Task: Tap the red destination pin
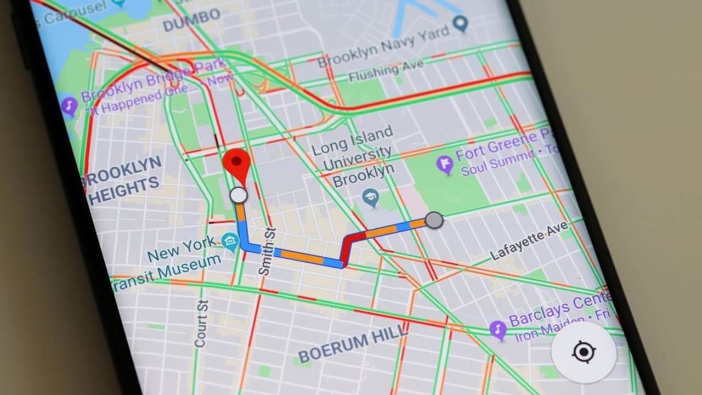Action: pos(237,162)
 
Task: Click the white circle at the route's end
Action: pos(238,195)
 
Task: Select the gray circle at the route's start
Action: pos(434,221)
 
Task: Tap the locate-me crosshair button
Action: pos(584,352)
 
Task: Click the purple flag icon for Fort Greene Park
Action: pos(444,163)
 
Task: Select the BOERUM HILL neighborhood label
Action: pos(352,343)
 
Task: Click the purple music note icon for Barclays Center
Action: pos(498,330)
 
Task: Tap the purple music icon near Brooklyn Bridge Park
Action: pos(69,105)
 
